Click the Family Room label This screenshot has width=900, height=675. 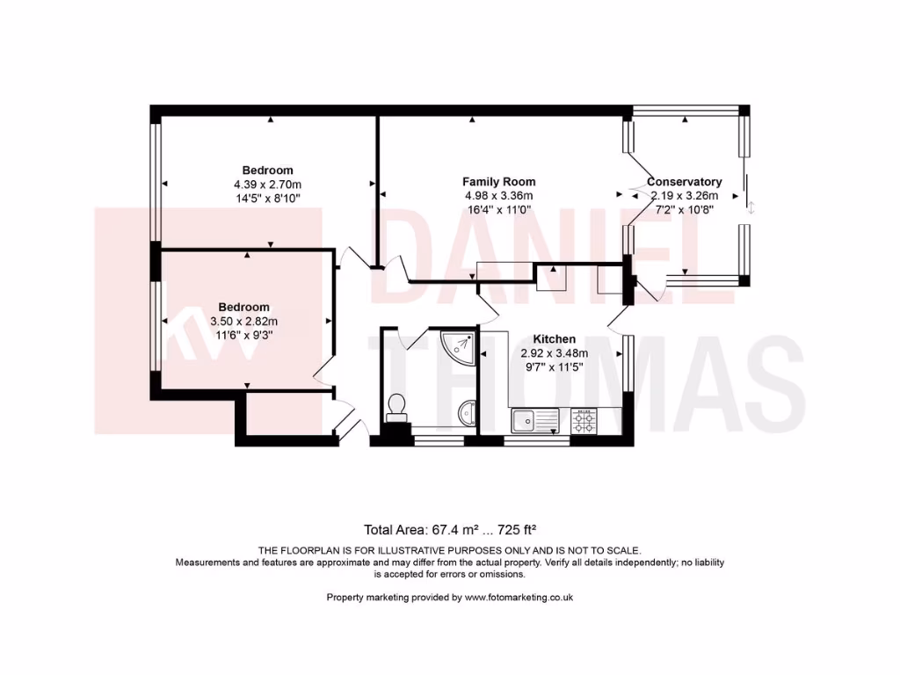pyautogui.click(x=498, y=182)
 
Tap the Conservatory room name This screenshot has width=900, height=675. pyautogui.click(x=685, y=182)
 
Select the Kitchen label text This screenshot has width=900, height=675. pyautogui.click(x=555, y=339)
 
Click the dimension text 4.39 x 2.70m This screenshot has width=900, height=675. pyautogui.click(x=267, y=185)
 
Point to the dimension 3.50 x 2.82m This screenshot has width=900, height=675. pyautogui.click(x=243, y=321)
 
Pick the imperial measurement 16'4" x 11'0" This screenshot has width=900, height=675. pyautogui.click(x=498, y=209)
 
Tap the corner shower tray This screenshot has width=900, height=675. pyautogui.click(x=461, y=345)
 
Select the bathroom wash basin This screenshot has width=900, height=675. pyautogui.click(x=467, y=413)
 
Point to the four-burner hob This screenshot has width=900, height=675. pyautogui.click(x=584, y=419)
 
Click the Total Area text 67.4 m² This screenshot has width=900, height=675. pyautogui.click(x=427, y=529)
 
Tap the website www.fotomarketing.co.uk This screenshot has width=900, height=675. pyautogui.click(x=519, y=597)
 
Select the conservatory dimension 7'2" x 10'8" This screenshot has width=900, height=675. pyautogui.click(x=684, y=209)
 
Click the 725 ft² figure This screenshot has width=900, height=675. pyautogui.click(x=517, y=529)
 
